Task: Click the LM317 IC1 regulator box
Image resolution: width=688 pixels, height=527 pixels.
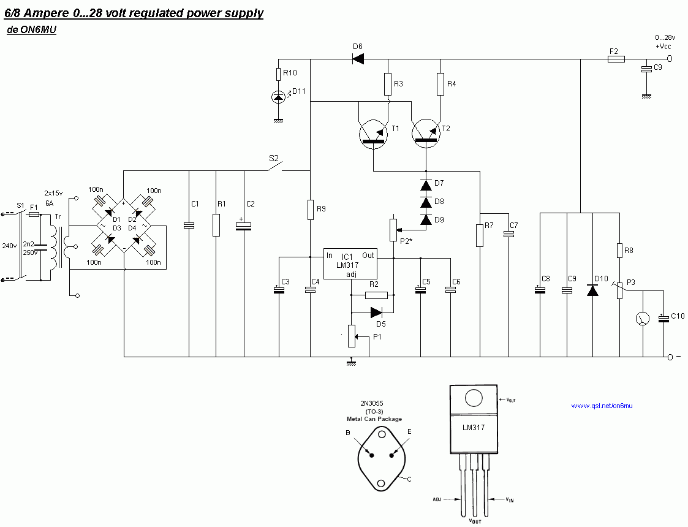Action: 350,264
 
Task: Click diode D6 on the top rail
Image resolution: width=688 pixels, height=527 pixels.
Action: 358,59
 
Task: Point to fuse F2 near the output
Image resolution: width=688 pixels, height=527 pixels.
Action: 616,59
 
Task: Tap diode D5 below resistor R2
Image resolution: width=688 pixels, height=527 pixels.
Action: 376,311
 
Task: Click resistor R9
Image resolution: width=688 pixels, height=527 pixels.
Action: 311,210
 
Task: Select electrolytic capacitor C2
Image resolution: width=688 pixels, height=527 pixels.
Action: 244,226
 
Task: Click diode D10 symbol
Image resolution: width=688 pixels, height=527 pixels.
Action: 592,290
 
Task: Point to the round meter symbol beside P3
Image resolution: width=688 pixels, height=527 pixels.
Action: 643,319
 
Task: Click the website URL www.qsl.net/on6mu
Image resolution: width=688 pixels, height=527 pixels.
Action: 601,406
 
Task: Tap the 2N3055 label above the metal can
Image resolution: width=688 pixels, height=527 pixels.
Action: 372,404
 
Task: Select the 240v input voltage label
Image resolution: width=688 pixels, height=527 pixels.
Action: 9,246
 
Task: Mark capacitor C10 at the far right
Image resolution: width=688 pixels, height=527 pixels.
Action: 664,317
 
